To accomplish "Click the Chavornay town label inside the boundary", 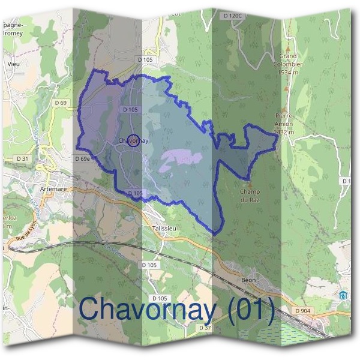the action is tap(133, 141).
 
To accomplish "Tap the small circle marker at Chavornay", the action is tap(134, 140).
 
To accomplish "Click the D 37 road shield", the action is tap(205, 328).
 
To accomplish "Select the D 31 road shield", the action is tap(23, 158).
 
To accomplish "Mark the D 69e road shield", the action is tap(83, 159).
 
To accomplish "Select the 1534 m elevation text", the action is tap(289, 73).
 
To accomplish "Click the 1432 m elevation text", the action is tap(283, 132).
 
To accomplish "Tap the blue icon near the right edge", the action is tap(343, 295).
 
